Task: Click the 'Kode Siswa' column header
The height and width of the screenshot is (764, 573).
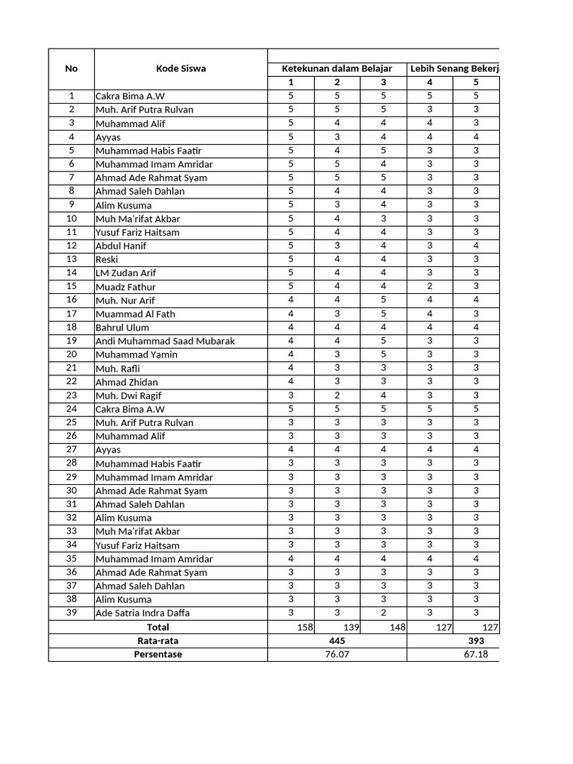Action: (x=181, y=69)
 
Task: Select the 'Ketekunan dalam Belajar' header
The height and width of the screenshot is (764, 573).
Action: (x=336, y=69)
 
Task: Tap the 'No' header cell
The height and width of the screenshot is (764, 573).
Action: (x=72, y=69)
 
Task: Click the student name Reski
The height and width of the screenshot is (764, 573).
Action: (x=107, y=260)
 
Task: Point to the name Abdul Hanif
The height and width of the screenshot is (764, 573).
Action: (x=121, y=246)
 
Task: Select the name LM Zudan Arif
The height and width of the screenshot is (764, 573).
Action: (x=125, y=273)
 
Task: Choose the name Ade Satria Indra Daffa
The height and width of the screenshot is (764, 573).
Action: (x=143, y=613)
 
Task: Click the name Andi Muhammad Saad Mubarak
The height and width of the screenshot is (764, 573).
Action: (x=165, y=341)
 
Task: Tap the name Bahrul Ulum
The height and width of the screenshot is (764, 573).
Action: (x=122, y=328)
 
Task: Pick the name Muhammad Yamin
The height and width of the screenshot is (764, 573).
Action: (x=137, y=354)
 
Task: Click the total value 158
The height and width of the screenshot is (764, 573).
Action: (x=304, y=627)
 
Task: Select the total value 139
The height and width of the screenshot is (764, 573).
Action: (x=351, y=627)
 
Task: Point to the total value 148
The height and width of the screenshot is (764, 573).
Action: (x=397, y=627)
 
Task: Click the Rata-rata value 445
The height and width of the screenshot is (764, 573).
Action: (x=337, y=641)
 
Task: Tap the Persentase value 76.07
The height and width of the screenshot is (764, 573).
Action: (x=337, y=654)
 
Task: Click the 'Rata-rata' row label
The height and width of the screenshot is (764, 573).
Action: (x=157, y=641)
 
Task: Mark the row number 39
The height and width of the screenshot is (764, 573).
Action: (x=72, y=613)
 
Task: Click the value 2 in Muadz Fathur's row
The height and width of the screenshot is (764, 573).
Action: (x=430, y=286)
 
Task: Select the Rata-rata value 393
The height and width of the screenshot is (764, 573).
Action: (x=476, y=641)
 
